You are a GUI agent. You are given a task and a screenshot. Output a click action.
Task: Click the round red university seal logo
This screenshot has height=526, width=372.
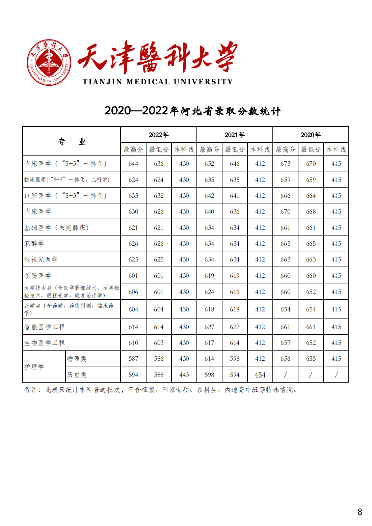49,62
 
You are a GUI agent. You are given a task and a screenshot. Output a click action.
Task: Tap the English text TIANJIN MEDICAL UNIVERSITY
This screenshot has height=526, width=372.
158,82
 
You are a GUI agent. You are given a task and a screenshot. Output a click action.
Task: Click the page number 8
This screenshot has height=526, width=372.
360,512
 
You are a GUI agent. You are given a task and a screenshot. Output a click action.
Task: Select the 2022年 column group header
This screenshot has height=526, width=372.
159,135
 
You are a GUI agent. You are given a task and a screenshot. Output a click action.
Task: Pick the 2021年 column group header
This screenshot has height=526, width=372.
235,135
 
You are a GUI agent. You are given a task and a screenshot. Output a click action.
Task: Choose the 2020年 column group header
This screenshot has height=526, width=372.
311,135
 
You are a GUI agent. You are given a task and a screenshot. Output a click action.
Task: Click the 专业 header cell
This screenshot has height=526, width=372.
72,141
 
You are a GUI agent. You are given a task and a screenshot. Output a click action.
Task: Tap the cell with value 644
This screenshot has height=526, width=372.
133,164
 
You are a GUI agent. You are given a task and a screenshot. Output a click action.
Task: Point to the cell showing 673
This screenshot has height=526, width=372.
285,164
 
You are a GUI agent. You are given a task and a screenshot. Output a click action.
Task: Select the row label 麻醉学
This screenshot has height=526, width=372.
34,244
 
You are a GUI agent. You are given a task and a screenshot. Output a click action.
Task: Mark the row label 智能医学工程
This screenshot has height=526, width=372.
44,327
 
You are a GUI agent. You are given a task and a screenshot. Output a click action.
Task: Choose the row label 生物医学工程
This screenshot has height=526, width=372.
44,343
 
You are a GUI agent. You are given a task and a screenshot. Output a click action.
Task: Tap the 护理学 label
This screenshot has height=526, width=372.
34,367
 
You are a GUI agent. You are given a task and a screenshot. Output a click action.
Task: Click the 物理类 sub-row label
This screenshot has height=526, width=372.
77,359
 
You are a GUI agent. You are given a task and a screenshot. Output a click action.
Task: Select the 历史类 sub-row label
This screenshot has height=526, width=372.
77,375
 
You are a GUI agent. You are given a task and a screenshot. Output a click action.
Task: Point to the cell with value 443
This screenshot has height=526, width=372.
184,375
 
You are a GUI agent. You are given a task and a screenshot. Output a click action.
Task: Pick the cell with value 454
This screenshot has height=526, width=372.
260,375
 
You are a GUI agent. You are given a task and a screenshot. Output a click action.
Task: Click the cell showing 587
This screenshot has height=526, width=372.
133,359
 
